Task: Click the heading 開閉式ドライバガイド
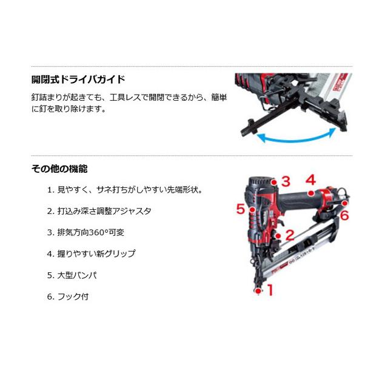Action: (x=78, y=79)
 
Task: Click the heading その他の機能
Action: (x=62, y=169)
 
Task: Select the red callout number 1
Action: (x=269, y=290)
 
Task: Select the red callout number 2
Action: (x=289, y=235)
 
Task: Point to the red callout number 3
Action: (x=285, y=181)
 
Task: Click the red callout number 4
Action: (x=310, y=179)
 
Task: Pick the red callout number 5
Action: (x=241, y=209)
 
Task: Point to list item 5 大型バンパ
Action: (x=76, y=275)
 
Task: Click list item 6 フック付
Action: (x=72, y=297)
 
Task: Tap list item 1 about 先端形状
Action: (x=124, y=190)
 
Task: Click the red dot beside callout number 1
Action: (x=258, y=292)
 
